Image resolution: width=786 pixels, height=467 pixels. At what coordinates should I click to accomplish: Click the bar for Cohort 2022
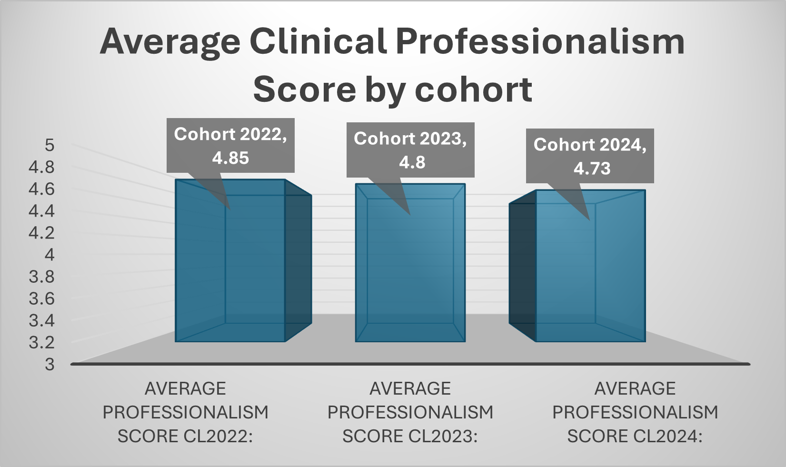(230, 267)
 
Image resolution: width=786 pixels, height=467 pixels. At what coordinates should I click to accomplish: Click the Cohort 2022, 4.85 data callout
(230, 145)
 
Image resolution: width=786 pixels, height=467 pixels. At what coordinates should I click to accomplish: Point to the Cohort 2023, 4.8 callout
(410, 150)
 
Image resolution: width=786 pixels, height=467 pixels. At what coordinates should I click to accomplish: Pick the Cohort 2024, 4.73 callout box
(590, 156)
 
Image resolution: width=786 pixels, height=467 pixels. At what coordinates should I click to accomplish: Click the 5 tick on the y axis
(50, 145)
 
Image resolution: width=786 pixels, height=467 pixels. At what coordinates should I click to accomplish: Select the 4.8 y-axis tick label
(42, 167)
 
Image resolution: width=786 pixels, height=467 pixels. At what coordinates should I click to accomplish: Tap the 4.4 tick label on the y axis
(42, 211)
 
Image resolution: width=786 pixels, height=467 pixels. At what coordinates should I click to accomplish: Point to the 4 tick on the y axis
(50, 255)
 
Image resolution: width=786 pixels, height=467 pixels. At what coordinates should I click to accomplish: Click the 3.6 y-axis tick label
(42, 298)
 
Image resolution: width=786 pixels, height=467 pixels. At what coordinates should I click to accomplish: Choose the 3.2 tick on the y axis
(42, 342)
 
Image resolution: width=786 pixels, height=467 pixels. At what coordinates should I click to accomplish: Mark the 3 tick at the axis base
(50, 364)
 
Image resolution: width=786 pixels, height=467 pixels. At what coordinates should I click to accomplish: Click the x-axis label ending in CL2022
(186, 412)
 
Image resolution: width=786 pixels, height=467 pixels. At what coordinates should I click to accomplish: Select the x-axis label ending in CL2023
(410, 412)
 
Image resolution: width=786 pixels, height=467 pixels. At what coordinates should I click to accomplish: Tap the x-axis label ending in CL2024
(635, 412)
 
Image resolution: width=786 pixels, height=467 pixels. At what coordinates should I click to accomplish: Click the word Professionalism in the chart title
(540, 42)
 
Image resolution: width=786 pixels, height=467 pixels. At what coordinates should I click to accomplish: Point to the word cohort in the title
(473, 89)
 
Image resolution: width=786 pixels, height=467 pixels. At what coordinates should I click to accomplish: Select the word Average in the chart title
(170, 42)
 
